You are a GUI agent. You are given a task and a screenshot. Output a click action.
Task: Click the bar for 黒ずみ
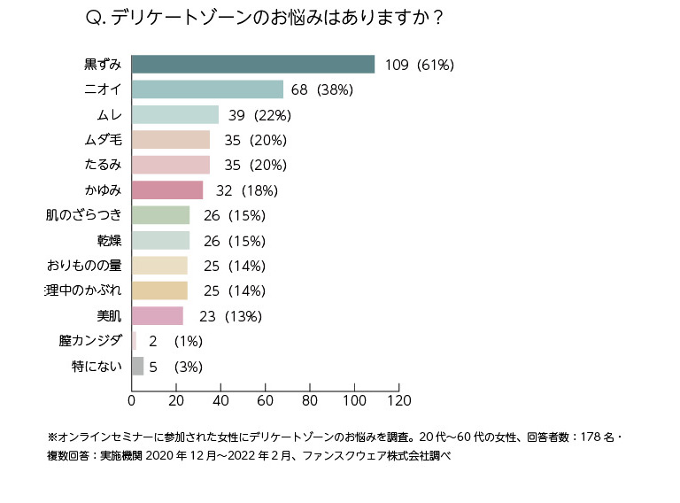(252, 64)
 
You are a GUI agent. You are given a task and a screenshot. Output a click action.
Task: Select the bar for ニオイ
(207, 89)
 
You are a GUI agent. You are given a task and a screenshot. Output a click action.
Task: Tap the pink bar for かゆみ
(167, 190)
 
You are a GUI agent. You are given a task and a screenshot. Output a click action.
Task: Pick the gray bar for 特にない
(137, 366)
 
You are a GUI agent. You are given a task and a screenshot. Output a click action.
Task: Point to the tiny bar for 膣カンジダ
(134, 341)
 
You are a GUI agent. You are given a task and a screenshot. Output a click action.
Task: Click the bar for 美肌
(157, 315)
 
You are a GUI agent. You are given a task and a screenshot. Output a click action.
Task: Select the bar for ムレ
(174, 114)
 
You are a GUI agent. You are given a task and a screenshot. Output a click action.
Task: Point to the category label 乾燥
(109, 240)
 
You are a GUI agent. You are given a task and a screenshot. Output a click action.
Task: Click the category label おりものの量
(84, 265)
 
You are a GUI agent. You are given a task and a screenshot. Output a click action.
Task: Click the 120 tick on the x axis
(399, 399)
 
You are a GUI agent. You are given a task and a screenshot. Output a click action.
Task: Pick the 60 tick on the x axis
(266, 399)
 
